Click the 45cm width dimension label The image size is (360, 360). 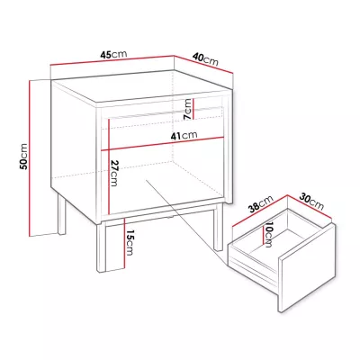[x=113, y=55]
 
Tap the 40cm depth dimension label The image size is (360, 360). [x=205, y=59]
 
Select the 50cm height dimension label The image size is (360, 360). [x=23, y=157]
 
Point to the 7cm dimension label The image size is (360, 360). [x=188, y=109]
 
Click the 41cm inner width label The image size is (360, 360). [x=184, y=136]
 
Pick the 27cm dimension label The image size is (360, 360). [x=114, y=173]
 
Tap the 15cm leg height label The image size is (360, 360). [x=129, y=242]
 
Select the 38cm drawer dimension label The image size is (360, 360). [x=262, y=203]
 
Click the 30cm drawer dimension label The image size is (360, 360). [x=311, y=202]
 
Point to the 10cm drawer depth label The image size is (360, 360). [x=269, y=235]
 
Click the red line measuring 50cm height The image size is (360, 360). [x=30, y=158]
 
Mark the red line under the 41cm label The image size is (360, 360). [x=163, y=144]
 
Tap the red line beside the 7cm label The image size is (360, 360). [x=193, y=109]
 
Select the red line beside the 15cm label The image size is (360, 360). [x=124, y=243]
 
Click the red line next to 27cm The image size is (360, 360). [x=110, y=166]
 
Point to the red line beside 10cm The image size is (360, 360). [x=263, y=235]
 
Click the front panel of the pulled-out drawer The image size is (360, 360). [x=306, y=268]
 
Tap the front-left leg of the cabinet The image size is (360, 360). [x=102, y=247]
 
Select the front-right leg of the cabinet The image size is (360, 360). [x=218, y=227]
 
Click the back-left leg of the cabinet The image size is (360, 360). [x=61, y=215]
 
